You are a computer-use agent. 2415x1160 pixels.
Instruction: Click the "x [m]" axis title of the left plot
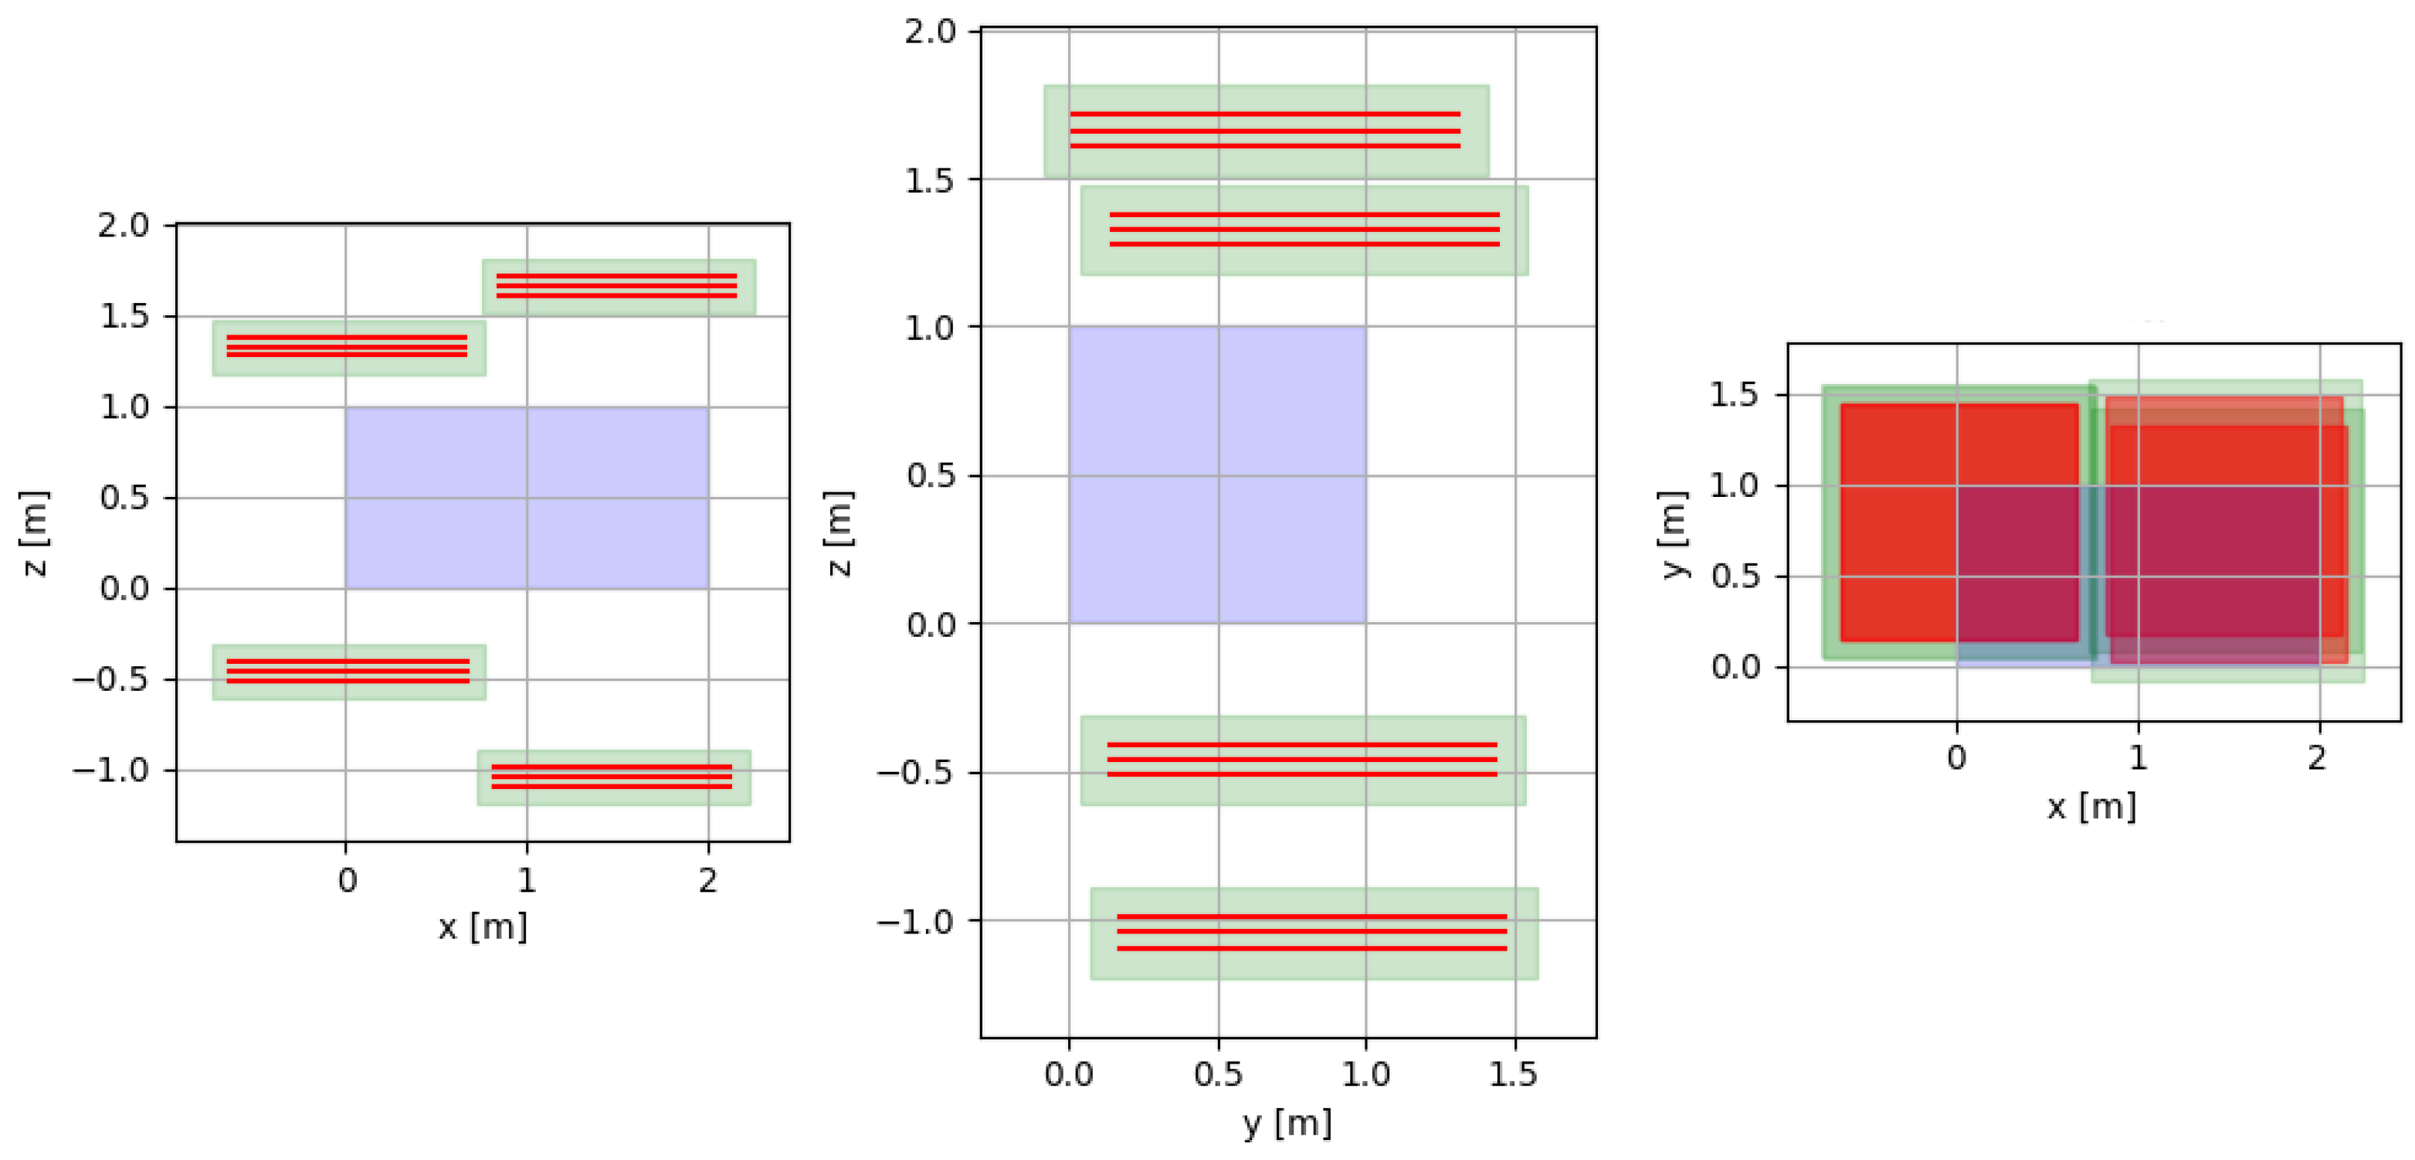click(483, 927)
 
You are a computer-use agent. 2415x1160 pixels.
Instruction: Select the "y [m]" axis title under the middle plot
click(1287, 1122)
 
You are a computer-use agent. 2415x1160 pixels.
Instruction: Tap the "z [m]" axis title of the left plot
click(35, 532)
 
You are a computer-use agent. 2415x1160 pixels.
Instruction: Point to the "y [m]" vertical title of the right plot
click(1674, 535)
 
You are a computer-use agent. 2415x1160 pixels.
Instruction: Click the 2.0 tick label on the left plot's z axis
click(124, 225)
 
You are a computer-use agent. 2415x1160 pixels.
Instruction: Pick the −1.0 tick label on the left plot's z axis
click(111, 770)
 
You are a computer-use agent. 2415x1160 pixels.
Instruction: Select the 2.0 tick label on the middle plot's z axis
click(930, 32)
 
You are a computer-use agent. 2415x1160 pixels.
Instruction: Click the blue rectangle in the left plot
click(526, 498)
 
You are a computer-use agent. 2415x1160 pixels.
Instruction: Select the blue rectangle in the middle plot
click(1217, 475)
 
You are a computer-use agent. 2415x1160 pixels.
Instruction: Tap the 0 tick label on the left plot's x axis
click(347, 880)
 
